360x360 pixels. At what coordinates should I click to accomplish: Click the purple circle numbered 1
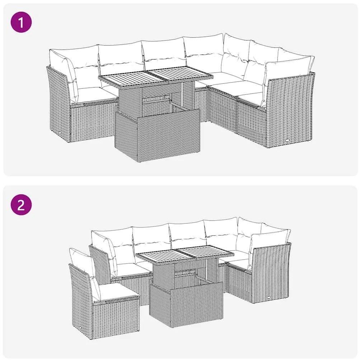point(21,22)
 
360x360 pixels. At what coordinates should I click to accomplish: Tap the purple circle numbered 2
point(21,205)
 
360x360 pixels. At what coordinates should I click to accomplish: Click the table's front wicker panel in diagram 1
point(157,135)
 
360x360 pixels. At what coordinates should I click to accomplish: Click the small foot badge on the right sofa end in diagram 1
point(288,140)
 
